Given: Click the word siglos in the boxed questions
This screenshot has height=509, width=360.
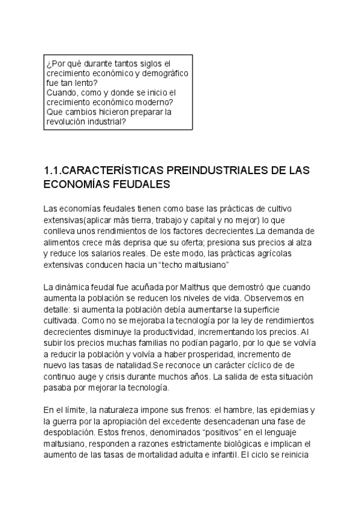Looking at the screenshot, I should click(x=148, y=63).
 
